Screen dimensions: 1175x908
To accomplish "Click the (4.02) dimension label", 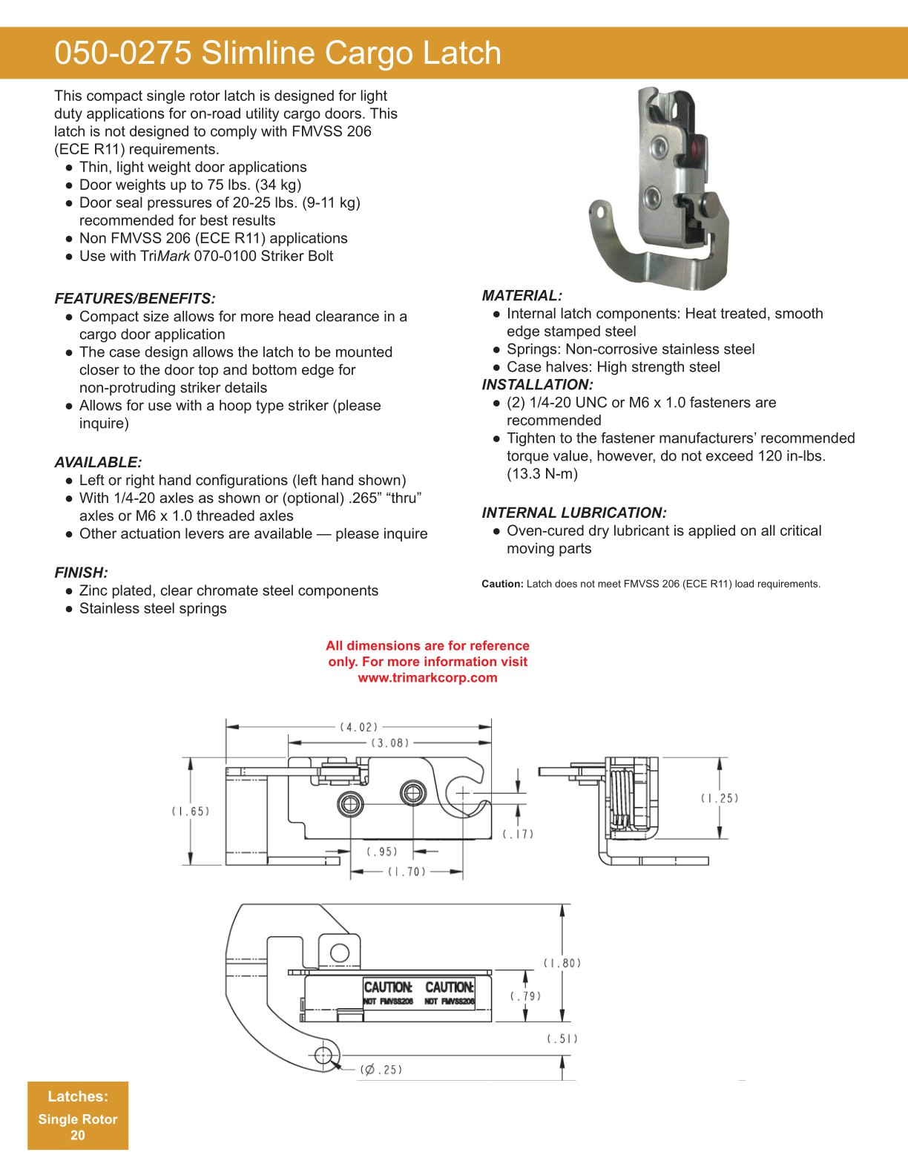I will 359,727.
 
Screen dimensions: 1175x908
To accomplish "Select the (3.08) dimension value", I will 390,743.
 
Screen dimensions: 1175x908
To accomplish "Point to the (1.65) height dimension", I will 191,812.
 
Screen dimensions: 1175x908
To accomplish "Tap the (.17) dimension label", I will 518,834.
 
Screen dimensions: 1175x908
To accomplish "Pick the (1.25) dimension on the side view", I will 720,798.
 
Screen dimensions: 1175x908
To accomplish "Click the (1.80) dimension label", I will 562,963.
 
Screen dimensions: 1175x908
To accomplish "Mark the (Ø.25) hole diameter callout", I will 381,1070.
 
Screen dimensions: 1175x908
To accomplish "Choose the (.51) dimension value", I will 562,1039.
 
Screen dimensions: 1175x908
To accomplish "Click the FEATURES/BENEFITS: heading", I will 135,299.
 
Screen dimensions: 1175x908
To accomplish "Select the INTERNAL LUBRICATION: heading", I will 574,513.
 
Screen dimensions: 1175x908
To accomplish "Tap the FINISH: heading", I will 81,573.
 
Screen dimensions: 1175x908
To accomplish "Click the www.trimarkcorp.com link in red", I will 427,677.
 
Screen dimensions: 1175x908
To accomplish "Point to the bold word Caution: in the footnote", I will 502,585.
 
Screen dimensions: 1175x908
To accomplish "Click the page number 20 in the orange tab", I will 78,1135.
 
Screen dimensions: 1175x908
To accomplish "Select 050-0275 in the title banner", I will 123,53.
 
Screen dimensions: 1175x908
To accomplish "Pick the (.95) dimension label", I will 382,852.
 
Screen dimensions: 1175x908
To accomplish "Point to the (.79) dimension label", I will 525,996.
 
